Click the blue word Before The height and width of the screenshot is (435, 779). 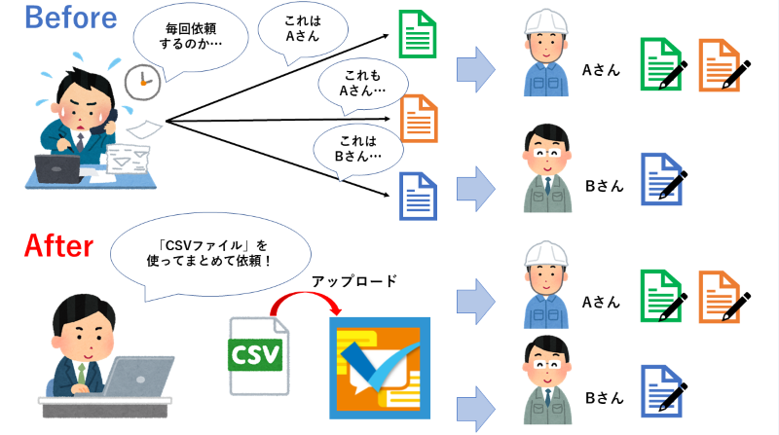tap(70, 18)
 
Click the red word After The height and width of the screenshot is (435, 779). tap(58, 245)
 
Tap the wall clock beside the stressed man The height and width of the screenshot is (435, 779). tap(142, 82)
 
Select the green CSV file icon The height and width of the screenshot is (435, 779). tap(258, 355)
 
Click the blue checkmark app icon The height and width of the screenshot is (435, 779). tap(380, 368)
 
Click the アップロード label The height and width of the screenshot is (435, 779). tap(354, 281)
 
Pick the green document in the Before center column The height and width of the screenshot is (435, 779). tap(418, 34)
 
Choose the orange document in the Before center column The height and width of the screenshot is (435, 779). tap(419, 118)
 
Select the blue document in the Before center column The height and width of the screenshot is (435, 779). tap(419, 197)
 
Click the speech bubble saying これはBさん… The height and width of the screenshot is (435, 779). tap(357, 149)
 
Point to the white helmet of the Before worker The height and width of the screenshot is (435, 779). tap(546, 22)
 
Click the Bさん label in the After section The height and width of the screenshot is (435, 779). tap(604, 398)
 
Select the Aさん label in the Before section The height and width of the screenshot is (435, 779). tap(601, 70)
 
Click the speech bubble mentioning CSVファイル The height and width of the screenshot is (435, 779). tap(210, 256)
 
